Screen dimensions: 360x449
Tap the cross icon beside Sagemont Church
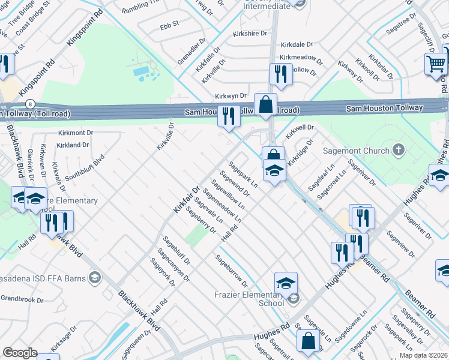397,148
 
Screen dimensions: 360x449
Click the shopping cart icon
436,63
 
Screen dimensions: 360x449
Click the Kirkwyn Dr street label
231,96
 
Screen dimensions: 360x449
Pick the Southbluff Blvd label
85,167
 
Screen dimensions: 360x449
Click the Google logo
20,353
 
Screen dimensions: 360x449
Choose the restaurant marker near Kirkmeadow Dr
280,74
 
